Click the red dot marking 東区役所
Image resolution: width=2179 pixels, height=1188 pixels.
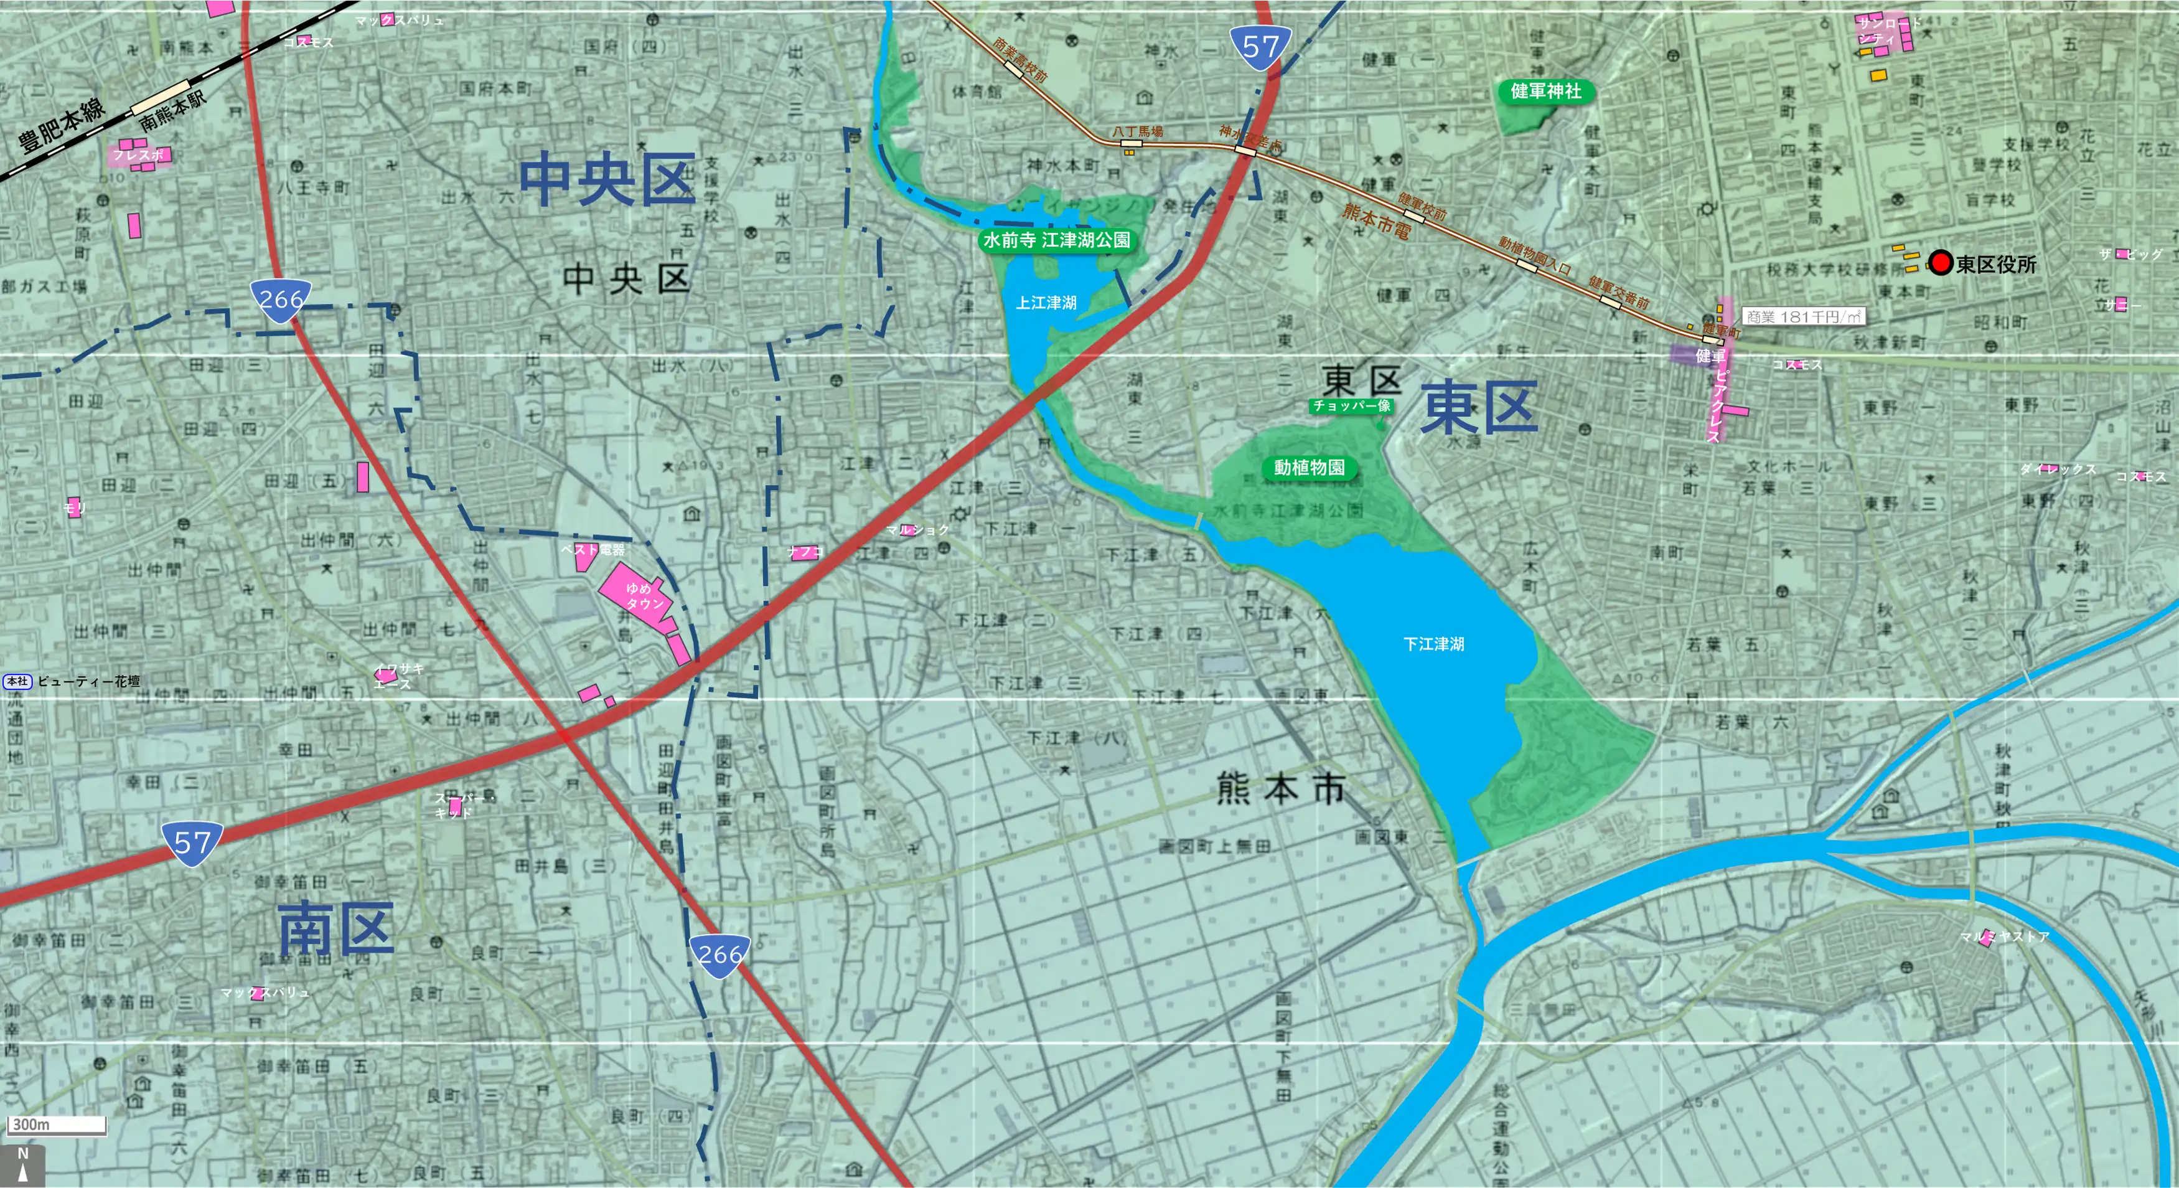click(x=1941, y=263)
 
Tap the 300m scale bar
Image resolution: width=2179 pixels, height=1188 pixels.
click(x=57, y=1124)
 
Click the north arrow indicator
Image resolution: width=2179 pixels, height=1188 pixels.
click(x=23, y=1165)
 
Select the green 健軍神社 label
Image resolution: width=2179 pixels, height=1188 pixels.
click(x=1545, y=92)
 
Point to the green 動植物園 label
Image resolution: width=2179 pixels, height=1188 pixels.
click(x=1309, y=467)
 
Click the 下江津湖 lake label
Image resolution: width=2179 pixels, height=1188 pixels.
click(x=1433, y=644)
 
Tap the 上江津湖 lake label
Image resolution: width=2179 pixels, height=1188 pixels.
click(x=1046, y=302)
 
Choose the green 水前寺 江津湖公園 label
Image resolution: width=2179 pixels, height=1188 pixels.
click(x=1056, y=240)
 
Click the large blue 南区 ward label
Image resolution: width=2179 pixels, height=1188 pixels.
click(x=336, y=928)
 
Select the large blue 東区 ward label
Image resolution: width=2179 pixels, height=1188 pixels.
click(x=1479, y=407)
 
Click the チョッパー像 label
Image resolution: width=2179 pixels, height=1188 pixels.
click(x=1351, y=406)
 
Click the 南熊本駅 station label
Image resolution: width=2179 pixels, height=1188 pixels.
click(x=172, y=110)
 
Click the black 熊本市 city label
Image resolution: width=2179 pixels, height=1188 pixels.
click(x=1280, y=789)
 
